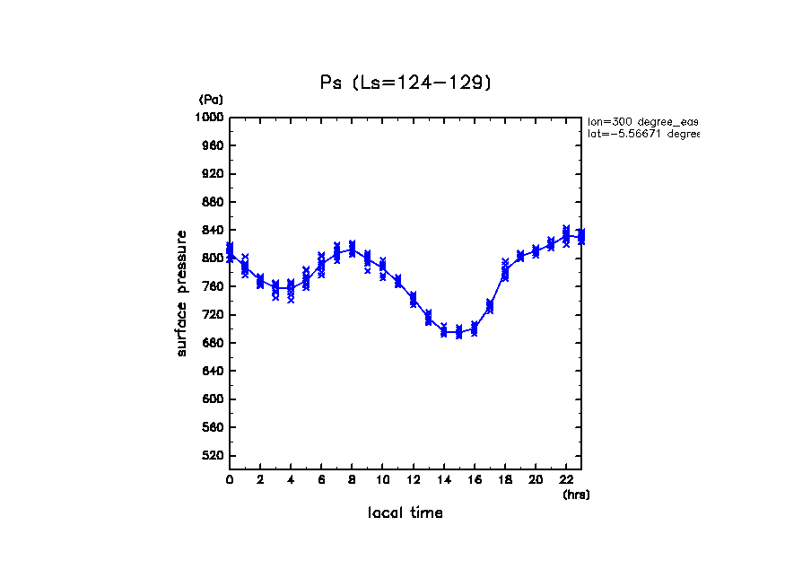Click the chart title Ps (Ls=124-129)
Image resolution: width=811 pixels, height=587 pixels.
[x=405, y=82]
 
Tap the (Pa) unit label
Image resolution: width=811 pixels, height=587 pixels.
[x=211, y=100]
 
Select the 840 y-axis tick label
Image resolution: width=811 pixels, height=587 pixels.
[x=213, y=230]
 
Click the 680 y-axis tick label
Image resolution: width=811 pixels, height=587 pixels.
[x=213, y=343]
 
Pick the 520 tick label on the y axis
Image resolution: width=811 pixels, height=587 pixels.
[x=213, y=456]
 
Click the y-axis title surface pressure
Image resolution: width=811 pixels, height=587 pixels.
[x=182, y=293]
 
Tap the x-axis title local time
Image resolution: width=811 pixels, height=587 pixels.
[x=405, y=513]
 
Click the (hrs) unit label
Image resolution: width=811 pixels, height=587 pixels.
[x=576, y=495]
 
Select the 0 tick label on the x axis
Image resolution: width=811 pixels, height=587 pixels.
[x=230, y=480]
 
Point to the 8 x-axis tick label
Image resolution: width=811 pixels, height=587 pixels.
[x=352, y=480]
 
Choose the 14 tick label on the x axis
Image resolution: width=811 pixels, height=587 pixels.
[x=443, y=480]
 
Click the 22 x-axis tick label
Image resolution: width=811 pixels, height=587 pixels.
[x=566, y=480]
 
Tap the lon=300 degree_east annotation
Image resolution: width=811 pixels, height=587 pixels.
[x=642, y=121]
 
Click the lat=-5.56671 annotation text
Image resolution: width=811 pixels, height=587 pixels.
[x=642, y=134]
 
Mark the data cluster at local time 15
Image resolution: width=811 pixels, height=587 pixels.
[x=458, y=332]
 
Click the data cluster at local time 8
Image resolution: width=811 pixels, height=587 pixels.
[x=352, y=249]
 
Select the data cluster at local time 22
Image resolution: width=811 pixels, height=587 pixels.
[x=566, y=235]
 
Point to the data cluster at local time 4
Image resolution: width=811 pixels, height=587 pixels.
[x=291, y=289]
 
